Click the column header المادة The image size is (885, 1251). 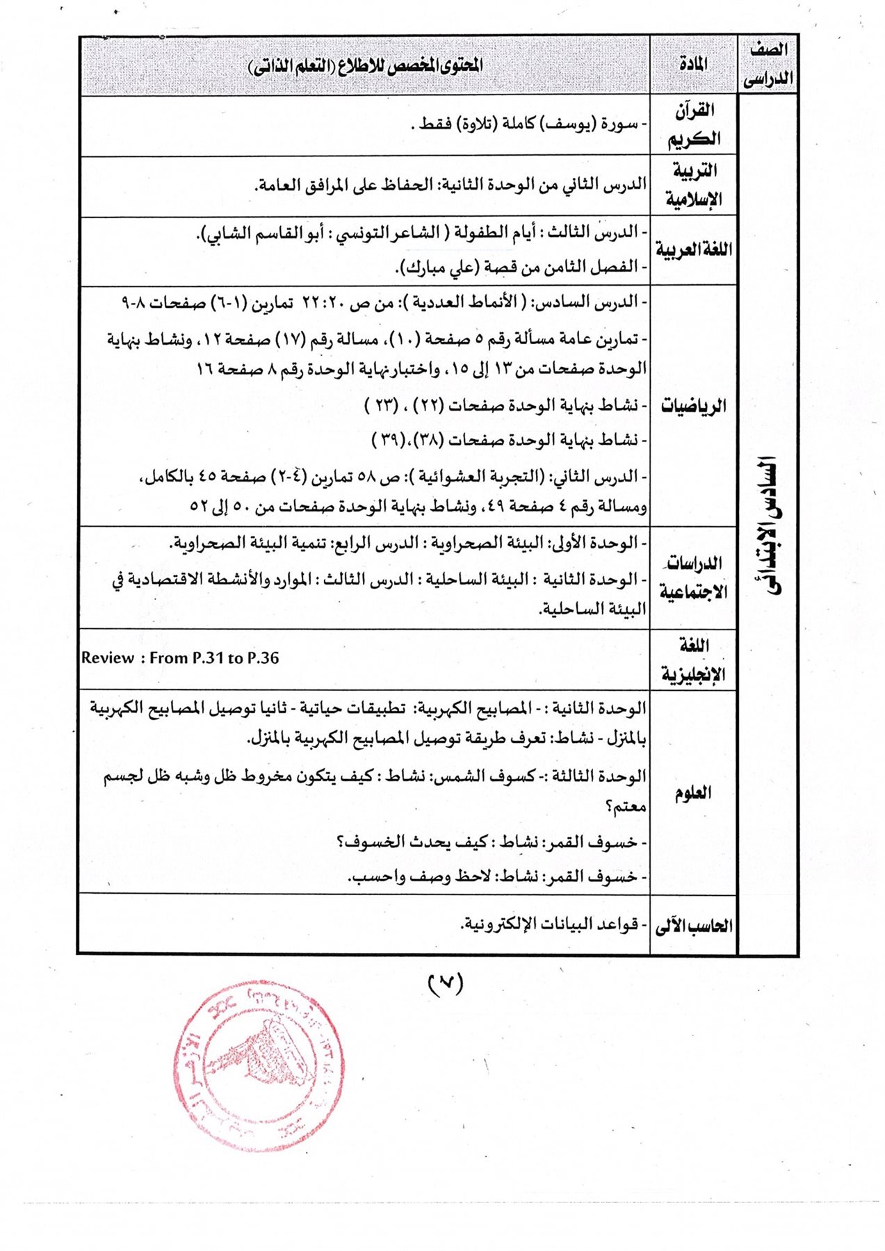coord(693,64)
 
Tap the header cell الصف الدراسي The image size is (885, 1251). coord(768,64)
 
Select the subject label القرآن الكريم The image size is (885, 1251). coord(694,124)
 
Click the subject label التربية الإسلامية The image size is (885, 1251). coord(694,186)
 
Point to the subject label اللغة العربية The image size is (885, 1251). coord(694,250)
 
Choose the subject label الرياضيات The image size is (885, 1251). coord(694,405)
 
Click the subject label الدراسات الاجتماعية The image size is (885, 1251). coord(694,577)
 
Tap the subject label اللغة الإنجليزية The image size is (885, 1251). coord(694,660)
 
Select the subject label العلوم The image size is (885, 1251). coord(693,792)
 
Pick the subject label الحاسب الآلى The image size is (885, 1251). coord(694,925)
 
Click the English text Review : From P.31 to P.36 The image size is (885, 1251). coord(180,658)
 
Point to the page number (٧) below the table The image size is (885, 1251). coord(445,983)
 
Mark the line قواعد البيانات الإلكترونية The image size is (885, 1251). coord(549,924)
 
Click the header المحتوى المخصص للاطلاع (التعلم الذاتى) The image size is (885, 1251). coord(366,65)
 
